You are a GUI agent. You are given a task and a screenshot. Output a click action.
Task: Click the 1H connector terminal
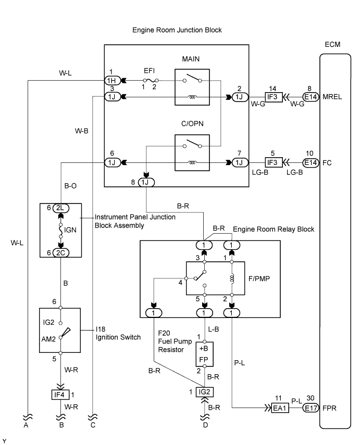coord(111,81)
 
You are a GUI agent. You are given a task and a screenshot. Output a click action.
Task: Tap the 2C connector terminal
coord(60,252)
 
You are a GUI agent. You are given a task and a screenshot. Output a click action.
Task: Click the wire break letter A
coord(26,425)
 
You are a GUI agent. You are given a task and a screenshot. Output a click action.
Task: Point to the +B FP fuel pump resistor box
coord(204,353)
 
